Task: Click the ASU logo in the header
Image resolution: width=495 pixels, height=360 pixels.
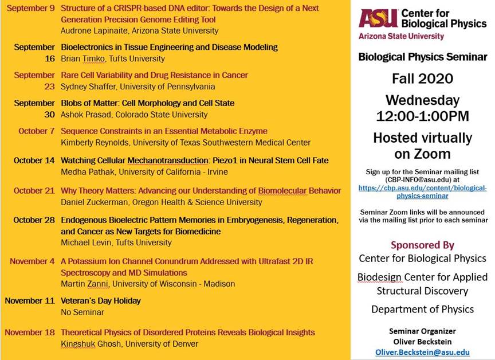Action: point(378,18)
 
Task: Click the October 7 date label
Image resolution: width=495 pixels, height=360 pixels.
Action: point(37,131)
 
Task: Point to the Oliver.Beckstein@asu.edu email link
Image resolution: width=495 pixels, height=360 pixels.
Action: point(422,353)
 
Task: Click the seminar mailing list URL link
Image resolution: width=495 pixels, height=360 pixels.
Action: point(422,191)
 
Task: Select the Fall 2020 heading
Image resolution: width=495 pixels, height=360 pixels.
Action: point(422,79)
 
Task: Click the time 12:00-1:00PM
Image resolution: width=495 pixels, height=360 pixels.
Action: point(422,116)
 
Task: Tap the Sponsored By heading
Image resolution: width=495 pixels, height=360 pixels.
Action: point(422,245)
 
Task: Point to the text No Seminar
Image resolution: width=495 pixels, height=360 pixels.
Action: point(82,312)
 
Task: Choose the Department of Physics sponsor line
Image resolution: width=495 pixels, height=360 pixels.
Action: point(422,310)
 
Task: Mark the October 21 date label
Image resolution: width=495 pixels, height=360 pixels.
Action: point(34,191)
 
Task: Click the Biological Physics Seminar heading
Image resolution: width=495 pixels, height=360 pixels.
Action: point(422,57)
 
